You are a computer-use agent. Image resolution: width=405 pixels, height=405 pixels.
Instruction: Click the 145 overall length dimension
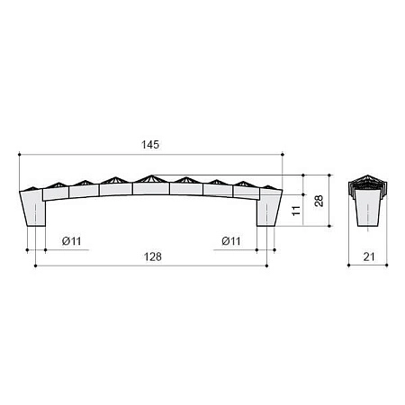(150, 145)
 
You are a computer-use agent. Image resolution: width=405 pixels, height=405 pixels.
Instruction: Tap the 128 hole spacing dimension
(153, 256)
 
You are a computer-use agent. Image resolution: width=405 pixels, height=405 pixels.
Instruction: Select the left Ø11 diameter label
(71, 241)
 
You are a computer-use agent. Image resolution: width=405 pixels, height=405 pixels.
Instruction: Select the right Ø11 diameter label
(231, 241)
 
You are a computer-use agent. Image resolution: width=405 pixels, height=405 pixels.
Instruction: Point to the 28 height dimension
(319, 201)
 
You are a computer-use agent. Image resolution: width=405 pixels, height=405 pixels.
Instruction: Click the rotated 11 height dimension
(296, 211)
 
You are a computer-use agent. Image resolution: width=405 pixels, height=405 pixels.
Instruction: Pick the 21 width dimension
(369, 256)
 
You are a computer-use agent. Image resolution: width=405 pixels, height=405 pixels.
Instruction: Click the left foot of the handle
(32, 208)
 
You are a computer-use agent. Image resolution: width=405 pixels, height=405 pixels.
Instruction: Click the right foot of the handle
(269, 208)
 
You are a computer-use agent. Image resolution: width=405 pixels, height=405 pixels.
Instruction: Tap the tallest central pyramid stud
(152, 179)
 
